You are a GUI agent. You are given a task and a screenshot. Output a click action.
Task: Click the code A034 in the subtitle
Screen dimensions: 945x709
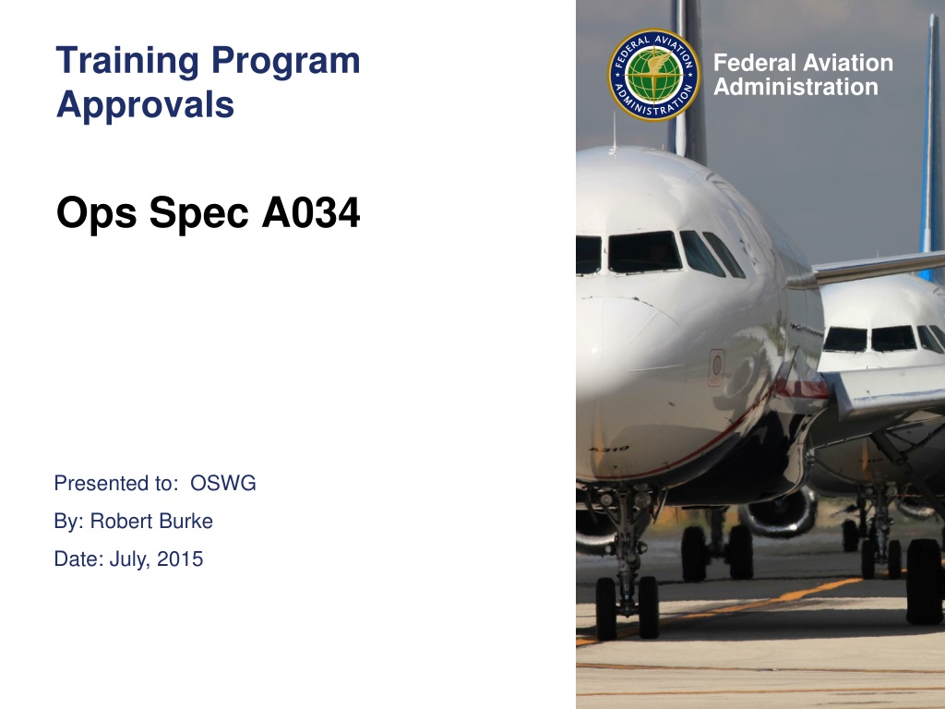pos(311,212)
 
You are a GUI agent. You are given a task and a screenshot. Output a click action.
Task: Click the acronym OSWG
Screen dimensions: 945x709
pos(223,484)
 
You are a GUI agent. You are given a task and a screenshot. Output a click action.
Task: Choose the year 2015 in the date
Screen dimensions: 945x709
pos(180,559)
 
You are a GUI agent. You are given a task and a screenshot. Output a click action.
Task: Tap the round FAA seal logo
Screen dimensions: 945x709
pos(654,75)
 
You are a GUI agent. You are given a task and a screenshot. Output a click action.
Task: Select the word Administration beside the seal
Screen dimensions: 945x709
pos(795,87)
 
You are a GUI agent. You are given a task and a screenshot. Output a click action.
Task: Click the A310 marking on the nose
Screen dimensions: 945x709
pos(609,450)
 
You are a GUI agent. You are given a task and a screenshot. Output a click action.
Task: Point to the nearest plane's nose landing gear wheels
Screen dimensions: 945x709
pos(627,607)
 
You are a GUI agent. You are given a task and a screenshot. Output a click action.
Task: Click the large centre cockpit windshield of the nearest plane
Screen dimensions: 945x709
pos(644,252)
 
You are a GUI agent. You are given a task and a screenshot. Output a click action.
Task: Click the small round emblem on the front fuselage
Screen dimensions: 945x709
pos(716,367)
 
